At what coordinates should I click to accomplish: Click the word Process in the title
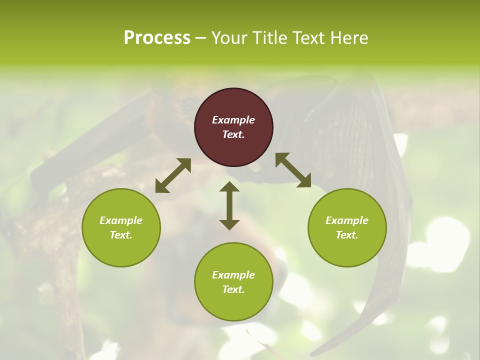(157, 38)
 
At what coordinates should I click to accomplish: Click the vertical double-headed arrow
(229, 205)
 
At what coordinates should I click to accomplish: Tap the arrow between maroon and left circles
(173, 175)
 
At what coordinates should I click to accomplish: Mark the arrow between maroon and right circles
(293, 170)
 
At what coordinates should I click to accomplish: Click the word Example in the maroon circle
(233, 120)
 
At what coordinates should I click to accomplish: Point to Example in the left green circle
(121, 220)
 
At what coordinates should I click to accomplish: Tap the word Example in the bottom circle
(233, 275)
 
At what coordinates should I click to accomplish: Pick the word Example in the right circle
(347, 220)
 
